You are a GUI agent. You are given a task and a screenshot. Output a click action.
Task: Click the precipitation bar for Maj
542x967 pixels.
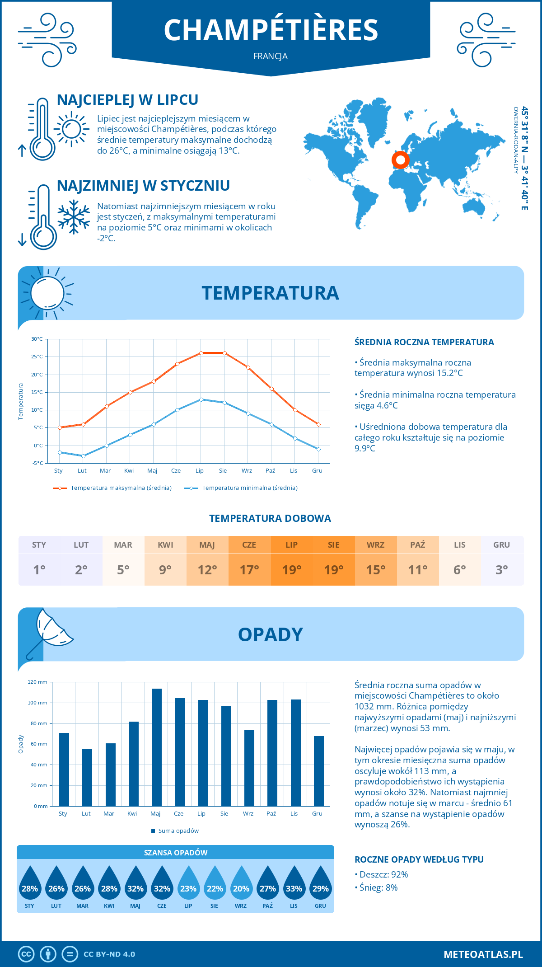tap(156, 747)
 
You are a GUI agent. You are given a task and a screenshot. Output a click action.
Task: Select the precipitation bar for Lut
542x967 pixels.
tap(87, 777)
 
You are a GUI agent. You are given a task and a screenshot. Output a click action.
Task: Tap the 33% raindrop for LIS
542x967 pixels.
tap(294, 883)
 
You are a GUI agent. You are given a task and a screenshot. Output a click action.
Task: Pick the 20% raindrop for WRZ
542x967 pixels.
tap(241, 883)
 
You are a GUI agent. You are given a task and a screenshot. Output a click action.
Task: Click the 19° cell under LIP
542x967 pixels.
tap(292, 570)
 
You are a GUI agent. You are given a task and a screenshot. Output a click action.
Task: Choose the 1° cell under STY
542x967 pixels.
tap(39, 570)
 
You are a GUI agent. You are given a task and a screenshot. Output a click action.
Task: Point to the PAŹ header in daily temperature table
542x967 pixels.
tap(418, 545)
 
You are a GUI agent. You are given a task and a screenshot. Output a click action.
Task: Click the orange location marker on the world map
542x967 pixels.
tap(400, 160)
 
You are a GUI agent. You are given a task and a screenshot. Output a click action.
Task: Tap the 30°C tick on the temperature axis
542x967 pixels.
tap(37, 339)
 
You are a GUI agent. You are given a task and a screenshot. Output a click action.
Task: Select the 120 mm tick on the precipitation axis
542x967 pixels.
tap(37, 682)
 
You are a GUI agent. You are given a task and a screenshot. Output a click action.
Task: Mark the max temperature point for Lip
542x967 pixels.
tap(201, 353)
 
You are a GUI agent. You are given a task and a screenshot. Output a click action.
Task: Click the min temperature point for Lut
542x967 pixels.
tap(83, 456)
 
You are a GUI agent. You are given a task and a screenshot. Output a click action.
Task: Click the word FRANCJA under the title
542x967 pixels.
tap(271, 56)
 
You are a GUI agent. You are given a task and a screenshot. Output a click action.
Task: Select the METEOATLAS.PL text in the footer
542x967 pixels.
tap(483, 954)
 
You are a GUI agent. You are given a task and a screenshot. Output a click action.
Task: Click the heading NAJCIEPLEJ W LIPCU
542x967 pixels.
tap(127, 100)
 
